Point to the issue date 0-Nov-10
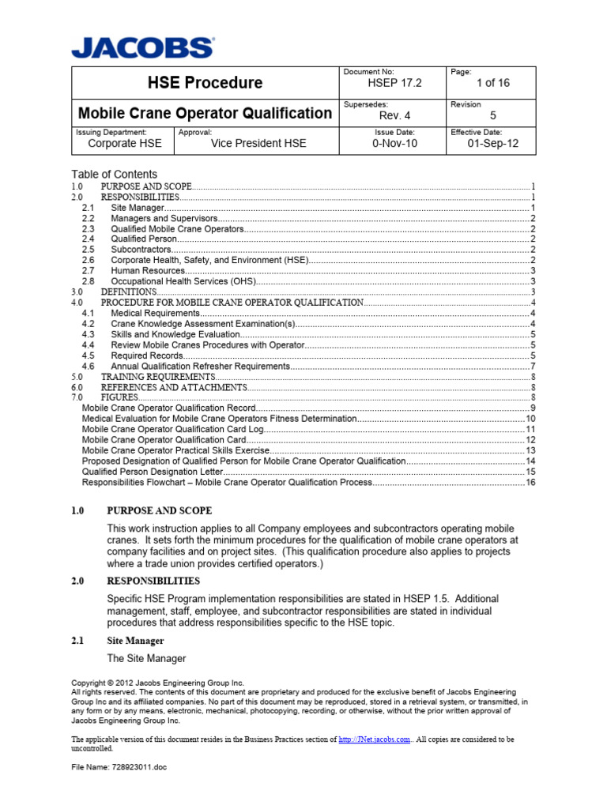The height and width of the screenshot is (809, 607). (x=394, y=144)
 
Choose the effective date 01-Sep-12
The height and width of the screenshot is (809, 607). (x=493, y=144)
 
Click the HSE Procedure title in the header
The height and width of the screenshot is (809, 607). (x=205, y=83)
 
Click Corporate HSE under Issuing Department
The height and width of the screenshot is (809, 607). (x=124, y=144)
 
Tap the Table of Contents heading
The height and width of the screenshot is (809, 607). (x=114, y=174)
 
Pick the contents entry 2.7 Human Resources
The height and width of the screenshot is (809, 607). (x=148, y=270)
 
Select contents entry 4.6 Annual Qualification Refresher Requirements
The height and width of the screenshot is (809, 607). (x=199, y=366)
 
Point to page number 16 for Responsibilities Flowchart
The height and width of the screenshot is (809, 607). (x=531, y=482)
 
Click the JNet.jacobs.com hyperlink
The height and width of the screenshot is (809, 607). (x=374, y=739)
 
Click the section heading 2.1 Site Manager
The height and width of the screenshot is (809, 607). (x=135, y=641)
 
